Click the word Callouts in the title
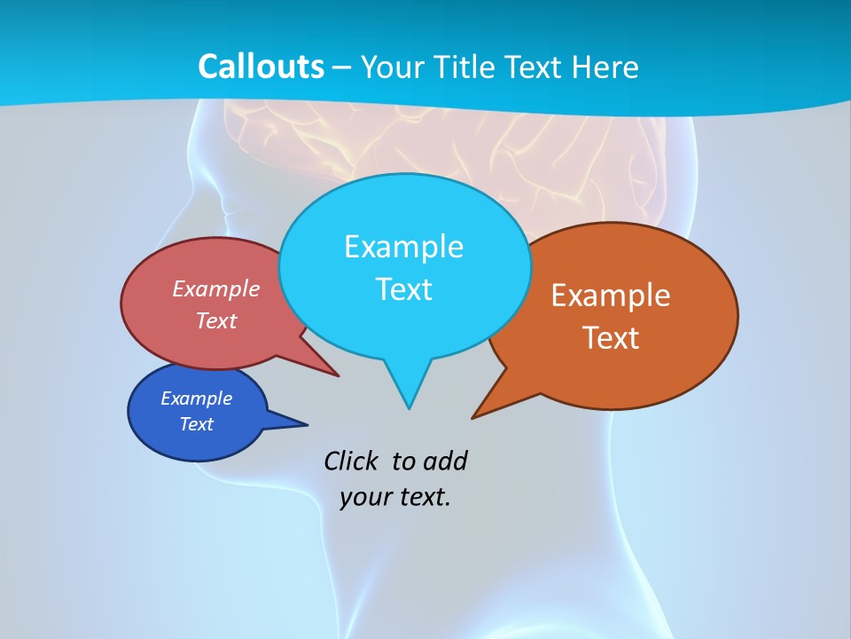(261, 67)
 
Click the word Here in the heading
(608, 67)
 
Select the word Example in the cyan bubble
(403, 247)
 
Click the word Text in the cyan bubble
(403, 289)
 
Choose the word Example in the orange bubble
(611, 296)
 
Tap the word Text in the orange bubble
(611, 338)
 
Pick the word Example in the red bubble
(216, 288)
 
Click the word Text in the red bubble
(216, 320)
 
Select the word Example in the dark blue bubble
(196, 398)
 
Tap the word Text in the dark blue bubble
(196, 424)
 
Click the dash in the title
(342, 67)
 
